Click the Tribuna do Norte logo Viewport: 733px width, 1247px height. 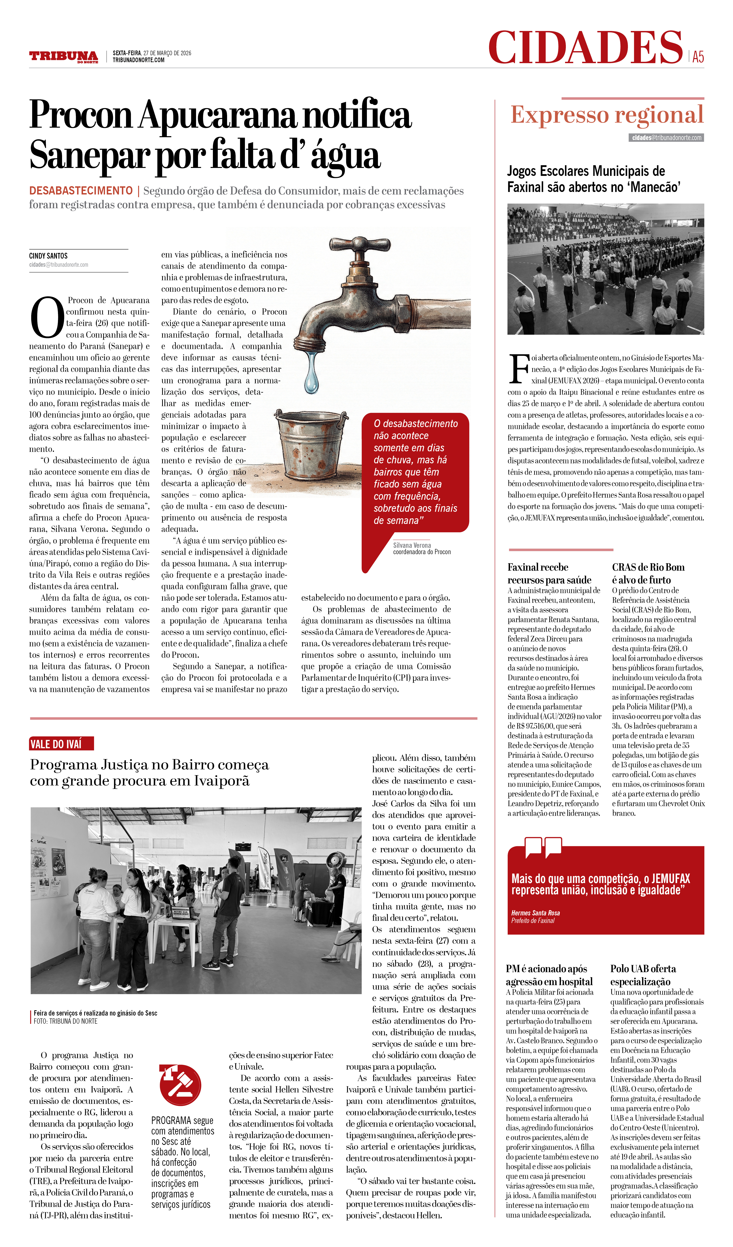coord(63,56)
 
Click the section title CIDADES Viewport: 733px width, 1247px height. coord(585,47)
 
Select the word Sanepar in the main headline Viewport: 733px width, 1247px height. coord(89,155)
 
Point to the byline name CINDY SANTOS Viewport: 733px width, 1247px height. coord(48,256)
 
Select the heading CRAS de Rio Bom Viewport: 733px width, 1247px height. coord(648,567)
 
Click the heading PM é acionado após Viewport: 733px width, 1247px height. coord(546,968)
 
